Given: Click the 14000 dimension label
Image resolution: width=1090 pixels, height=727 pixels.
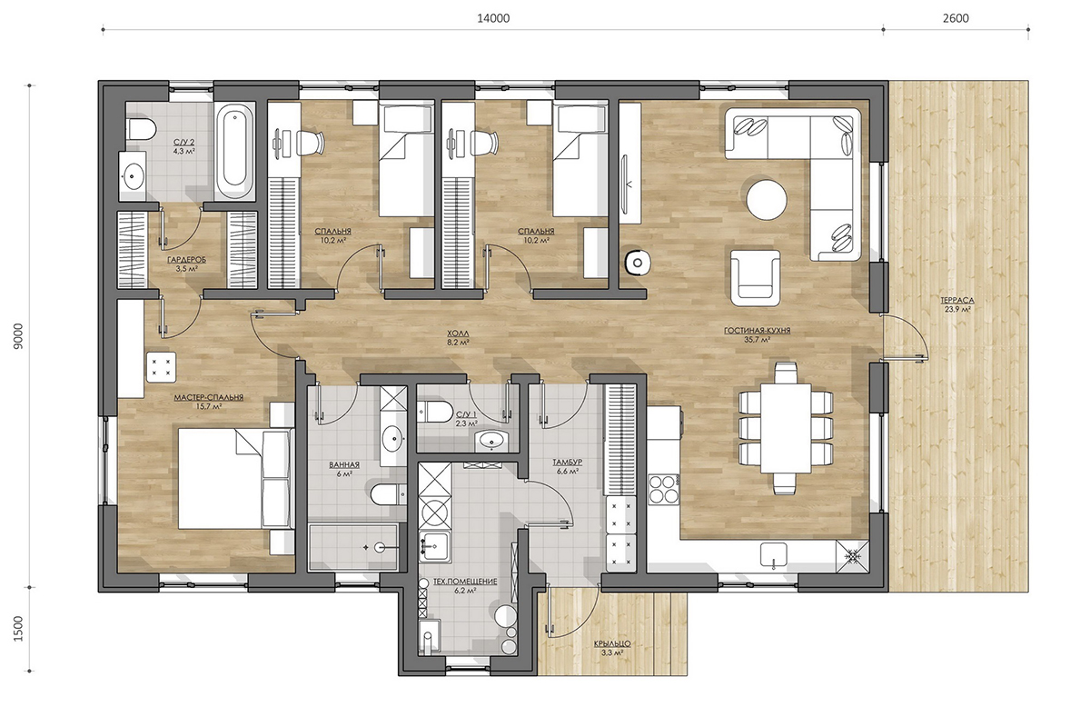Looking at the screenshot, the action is pyautogui.click(x=493, y=18).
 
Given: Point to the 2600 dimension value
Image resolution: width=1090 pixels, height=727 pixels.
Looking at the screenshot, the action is pyautogui.click(x=956, y=18).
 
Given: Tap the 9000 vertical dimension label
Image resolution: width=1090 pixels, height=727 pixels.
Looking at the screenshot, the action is pyautogui.click(x=18, y=336).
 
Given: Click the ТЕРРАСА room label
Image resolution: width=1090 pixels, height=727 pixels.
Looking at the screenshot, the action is pyautogui.click(x=957, y=300).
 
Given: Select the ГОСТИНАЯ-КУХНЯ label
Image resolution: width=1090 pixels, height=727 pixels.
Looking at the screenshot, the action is pyautogui.click(x=758, y=331).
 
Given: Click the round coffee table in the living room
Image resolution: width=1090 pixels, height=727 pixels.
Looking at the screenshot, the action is pyautogui.click(x=767, y=200).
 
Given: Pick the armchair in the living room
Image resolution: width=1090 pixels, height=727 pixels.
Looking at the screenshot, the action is pyautogui.click(x=755, y=278).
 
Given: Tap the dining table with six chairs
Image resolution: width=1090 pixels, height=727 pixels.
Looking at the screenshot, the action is pyautogui.click(x=786, y=428).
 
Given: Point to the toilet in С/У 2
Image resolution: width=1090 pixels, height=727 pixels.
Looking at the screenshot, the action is pyautogui.click(x=141, y=130).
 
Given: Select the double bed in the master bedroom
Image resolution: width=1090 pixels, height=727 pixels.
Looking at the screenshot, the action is pyautogui.click(x=235, y=478).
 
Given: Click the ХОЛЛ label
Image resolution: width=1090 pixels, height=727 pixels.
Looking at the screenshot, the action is pyautogui.click(x=458, y=334).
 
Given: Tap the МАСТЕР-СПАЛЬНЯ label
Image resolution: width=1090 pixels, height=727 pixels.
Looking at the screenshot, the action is pyautogui.click(x=209, y=397).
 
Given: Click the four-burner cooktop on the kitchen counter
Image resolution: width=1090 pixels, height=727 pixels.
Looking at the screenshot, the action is pyautogui.click(x=664, y=489).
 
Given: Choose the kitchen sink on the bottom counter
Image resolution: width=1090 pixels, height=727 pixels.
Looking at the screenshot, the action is pyautogui.click(x=774, y=555).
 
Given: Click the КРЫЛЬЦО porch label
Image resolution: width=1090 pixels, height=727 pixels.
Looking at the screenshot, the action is pyautogui.click(x=612, y=643).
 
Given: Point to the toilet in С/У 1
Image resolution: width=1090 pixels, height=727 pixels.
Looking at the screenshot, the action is pyautogui.click(x=434, y=412).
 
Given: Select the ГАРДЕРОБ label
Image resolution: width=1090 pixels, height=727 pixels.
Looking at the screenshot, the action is pyautogui.click(x=186, y=260).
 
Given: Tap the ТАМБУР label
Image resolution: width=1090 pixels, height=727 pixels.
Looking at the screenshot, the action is pyautogui.click(x=568, y=463).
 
